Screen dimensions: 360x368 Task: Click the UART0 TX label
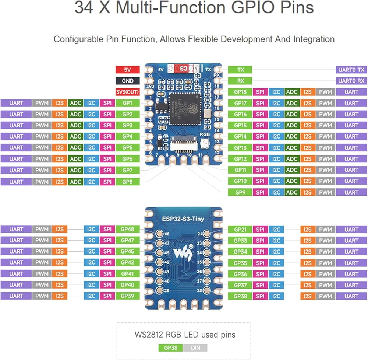click(x=351, y=70)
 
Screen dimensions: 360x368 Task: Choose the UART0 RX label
click(x=351, y=81)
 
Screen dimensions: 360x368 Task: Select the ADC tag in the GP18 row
click(x=292, y=92)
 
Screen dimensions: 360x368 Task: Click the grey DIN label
click(x=195, y=347)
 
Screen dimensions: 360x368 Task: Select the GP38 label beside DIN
click(x=170, y=347)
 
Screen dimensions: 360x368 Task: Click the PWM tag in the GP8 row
click(x=42, y=182)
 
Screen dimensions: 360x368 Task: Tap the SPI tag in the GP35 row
click(x=260, y=263)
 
